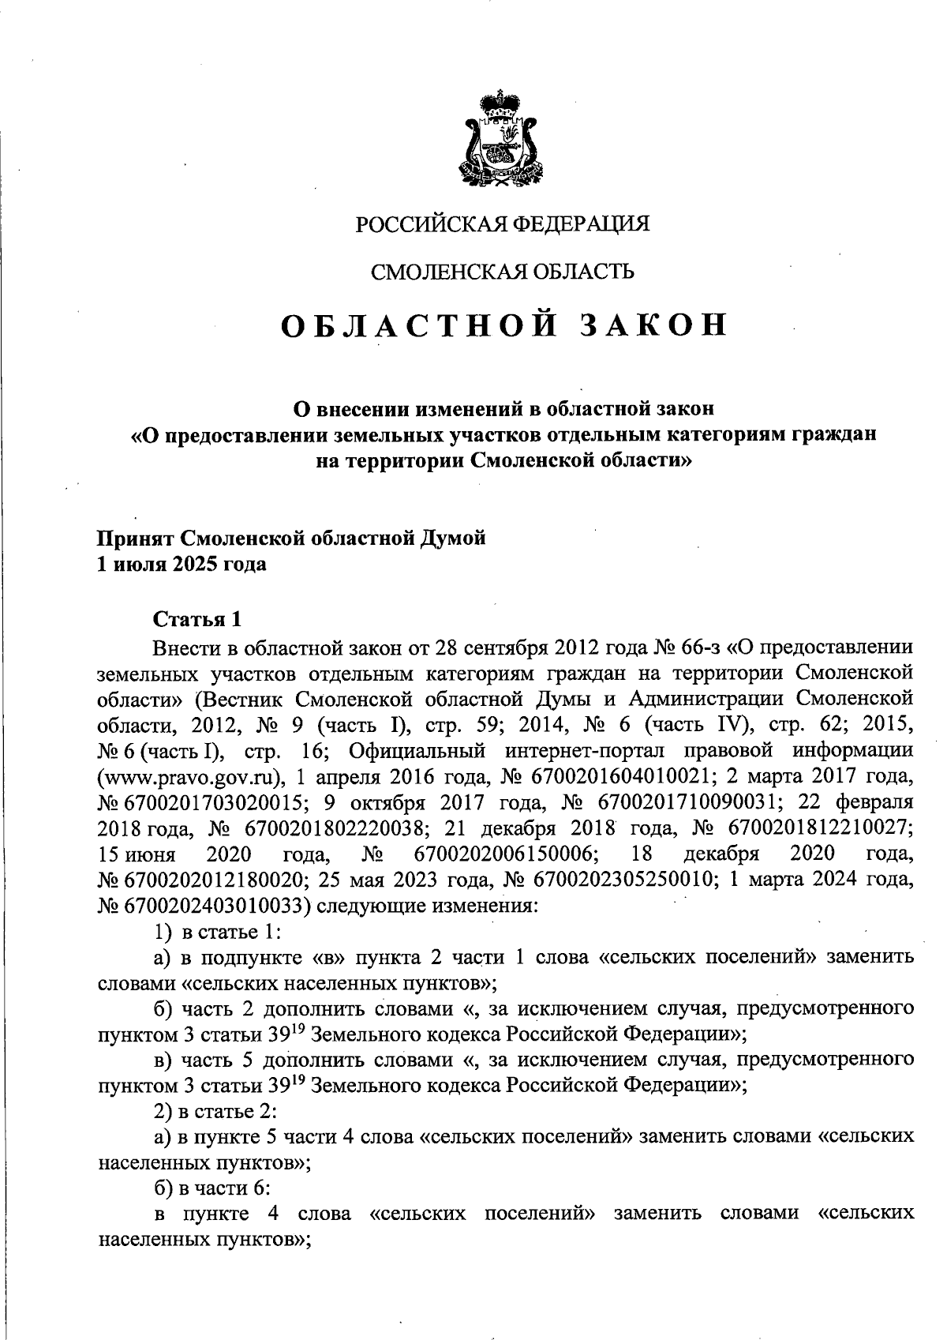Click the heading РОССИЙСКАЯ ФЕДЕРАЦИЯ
tap(503, 225)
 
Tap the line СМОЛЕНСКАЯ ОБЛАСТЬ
tap(503, 272)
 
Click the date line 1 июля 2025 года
tap(182, 565)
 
